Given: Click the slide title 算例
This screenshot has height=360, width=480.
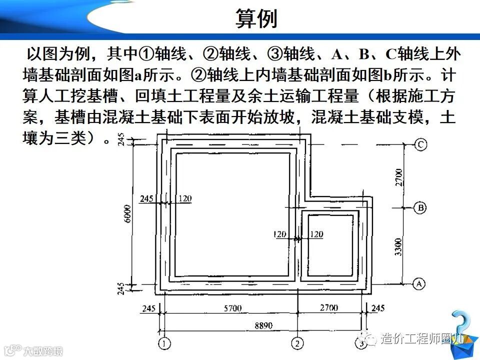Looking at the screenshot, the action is (255, 18).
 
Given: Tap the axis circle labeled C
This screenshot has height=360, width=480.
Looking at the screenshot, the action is (420, 145).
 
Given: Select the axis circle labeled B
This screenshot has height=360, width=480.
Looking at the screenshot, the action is (420, 207).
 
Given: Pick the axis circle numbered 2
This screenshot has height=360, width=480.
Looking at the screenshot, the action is (297, 343).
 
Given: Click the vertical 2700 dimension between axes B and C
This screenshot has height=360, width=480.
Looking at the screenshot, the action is (398, 177).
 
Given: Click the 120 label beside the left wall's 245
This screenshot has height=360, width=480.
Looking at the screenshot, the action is (184, 198).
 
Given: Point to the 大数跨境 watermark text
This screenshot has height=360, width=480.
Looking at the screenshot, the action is (44, 350).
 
